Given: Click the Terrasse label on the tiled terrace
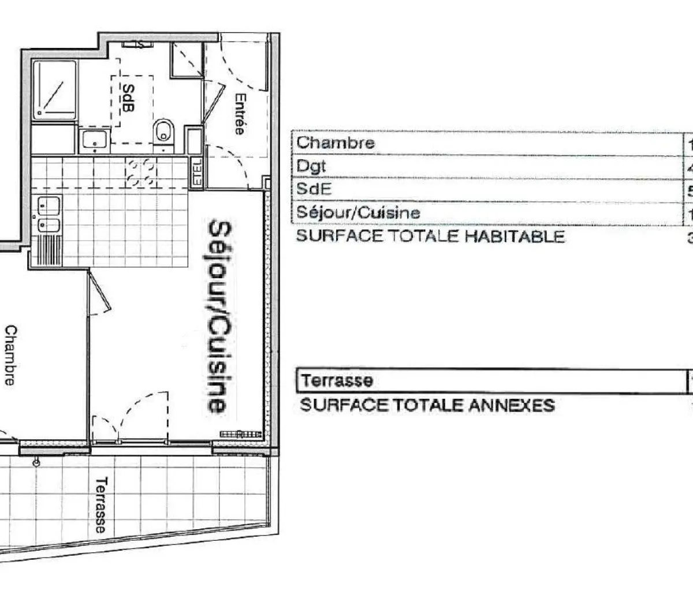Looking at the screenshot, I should [x=102, y=504].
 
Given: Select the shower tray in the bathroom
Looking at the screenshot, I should [x=55, y=90].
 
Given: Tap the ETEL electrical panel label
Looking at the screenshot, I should [x=197, y=172].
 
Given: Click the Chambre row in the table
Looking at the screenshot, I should [x=336, y=143].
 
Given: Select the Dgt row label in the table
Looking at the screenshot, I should [x=311, y=166].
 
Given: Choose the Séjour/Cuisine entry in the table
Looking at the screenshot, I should [x=357, y=212].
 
